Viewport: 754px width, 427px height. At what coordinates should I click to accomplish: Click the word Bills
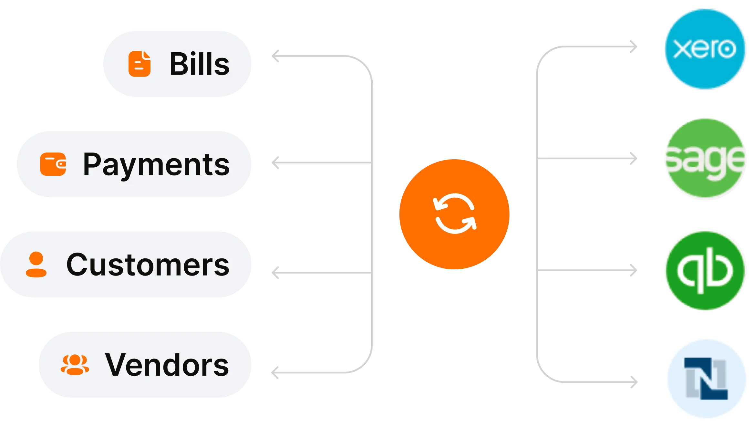[199, 64]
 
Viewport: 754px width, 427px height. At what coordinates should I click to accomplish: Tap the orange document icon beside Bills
[139, 64]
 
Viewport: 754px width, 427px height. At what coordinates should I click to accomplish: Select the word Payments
[156, 165]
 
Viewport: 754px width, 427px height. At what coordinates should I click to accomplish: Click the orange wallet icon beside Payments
[53, 164]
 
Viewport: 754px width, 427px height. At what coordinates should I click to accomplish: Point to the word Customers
[148, 265]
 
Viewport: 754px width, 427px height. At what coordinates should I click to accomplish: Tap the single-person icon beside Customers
[36, 265]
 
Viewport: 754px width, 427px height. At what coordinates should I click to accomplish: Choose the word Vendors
[167, 365]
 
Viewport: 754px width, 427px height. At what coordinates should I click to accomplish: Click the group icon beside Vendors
[75, 365]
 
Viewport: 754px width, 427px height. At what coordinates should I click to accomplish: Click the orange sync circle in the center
[454, 214]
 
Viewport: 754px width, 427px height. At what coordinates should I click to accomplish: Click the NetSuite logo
[706, 379]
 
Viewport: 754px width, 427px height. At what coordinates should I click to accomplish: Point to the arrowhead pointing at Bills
[275, 57]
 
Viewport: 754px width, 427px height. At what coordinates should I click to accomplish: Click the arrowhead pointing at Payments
[275, 162]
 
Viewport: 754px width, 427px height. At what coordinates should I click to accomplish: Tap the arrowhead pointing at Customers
[275, 273]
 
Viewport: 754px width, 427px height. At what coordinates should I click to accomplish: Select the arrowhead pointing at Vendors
[274, 372]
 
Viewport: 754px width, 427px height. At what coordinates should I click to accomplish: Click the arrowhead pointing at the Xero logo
[634, 47]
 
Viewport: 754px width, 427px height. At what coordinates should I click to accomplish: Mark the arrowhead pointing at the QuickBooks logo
[634, 270]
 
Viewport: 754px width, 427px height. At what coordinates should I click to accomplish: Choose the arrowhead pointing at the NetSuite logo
[634, 382]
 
